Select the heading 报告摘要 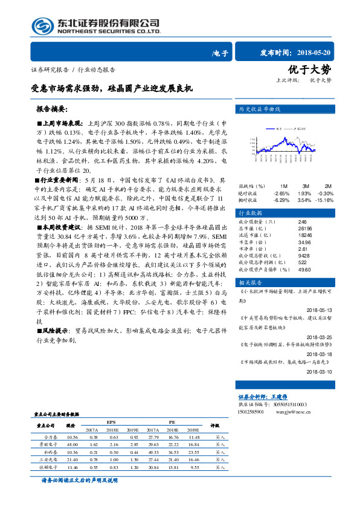[53, 109]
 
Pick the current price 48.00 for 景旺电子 [72, 443]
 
